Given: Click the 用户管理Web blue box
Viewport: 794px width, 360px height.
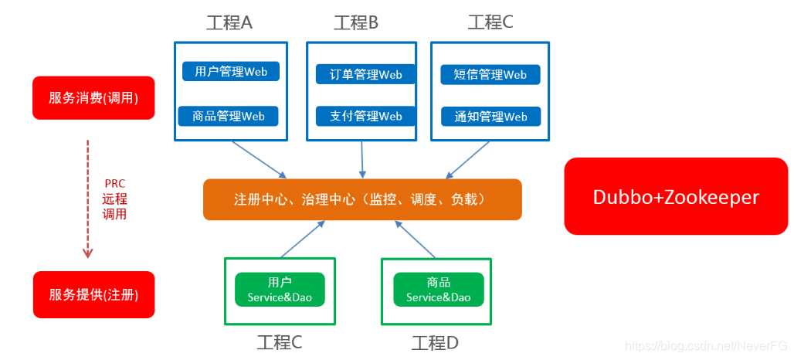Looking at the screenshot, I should point(230,72).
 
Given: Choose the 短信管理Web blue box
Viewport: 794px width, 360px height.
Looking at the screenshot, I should point(490,74).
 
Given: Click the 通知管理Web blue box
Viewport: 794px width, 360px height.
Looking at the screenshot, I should point(490,116).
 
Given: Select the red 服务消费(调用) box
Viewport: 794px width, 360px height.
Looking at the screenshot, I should point(93,98).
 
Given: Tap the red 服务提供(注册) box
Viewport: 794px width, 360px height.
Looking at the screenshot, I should point(93,294).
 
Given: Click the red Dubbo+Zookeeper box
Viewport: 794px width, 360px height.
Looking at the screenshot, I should point(676,196).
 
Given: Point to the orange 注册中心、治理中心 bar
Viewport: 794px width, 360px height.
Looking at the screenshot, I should point(362,199).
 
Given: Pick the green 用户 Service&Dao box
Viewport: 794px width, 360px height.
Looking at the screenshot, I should point(280,290).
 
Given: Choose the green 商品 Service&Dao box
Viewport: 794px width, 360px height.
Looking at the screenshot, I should point(438,290).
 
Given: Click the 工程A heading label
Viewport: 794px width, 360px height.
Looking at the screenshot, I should point(229,22).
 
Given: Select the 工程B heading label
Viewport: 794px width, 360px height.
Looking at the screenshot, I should point(356,22).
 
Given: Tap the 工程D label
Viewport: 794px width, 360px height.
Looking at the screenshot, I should point(436,342).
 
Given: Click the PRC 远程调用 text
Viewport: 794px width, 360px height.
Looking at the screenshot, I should point(114,199).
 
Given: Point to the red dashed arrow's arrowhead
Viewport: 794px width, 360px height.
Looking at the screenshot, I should point(87,252).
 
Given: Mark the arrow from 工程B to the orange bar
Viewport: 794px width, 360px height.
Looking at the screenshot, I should point(361,159).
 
